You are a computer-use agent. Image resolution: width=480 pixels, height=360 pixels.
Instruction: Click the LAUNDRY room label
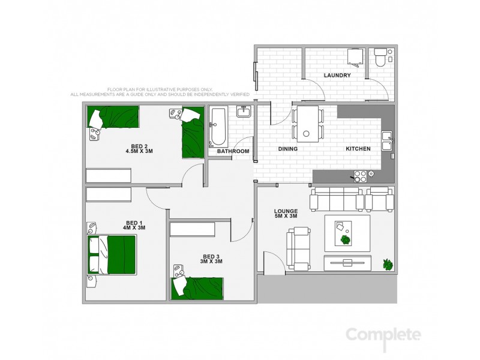(337, 76)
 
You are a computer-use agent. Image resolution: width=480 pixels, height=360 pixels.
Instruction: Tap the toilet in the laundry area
(380, 59)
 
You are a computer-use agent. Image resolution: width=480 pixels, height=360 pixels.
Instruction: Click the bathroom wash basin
(243, 111)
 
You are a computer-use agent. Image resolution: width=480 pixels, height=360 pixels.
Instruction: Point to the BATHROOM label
(233, 151)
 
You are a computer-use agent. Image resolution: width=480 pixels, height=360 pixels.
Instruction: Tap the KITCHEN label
(358, 149)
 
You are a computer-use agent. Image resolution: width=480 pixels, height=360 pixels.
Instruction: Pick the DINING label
(288, 149)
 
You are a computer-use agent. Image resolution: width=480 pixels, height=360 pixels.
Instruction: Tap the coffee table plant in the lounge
(346, 239)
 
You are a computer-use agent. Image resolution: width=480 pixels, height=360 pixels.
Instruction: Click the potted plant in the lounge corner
(388, 263)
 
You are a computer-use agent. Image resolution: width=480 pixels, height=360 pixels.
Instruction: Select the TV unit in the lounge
(347, 262)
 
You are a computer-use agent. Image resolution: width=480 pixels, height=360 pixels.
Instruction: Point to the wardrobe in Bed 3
(192, 230)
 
